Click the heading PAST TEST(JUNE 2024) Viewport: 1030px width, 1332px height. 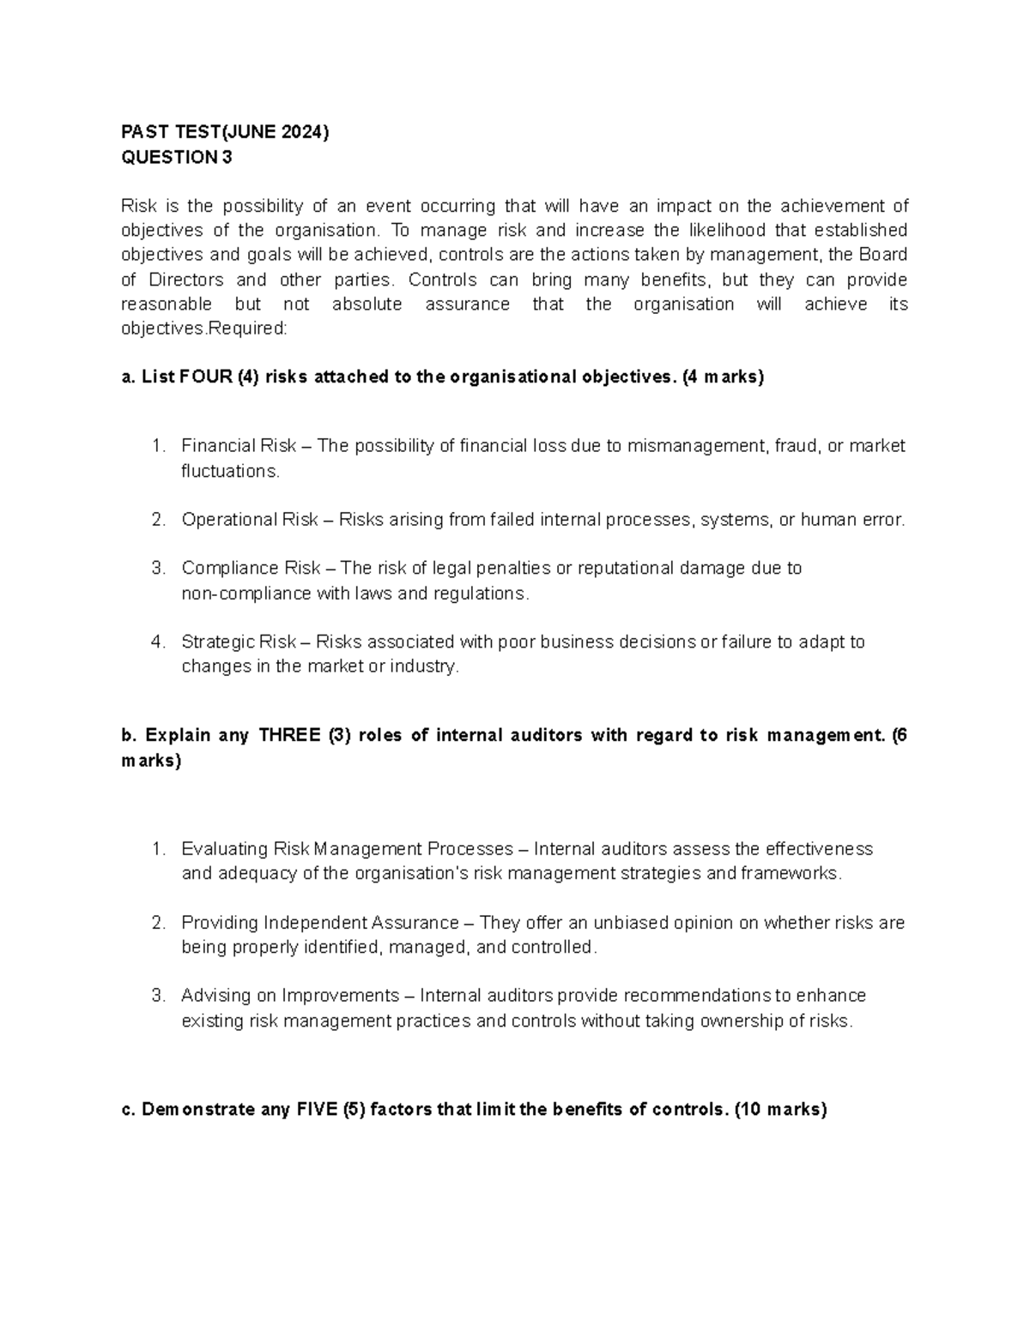[225, 132]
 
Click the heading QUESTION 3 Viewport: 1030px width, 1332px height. [177, 157]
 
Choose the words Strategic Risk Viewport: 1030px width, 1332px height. [239, 642]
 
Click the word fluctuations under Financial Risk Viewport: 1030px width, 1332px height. [230, 471]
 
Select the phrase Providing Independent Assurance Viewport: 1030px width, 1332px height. [319, 923]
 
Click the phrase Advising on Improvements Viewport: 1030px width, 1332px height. [290, 996]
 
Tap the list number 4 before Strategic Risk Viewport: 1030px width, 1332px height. [157, 642]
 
